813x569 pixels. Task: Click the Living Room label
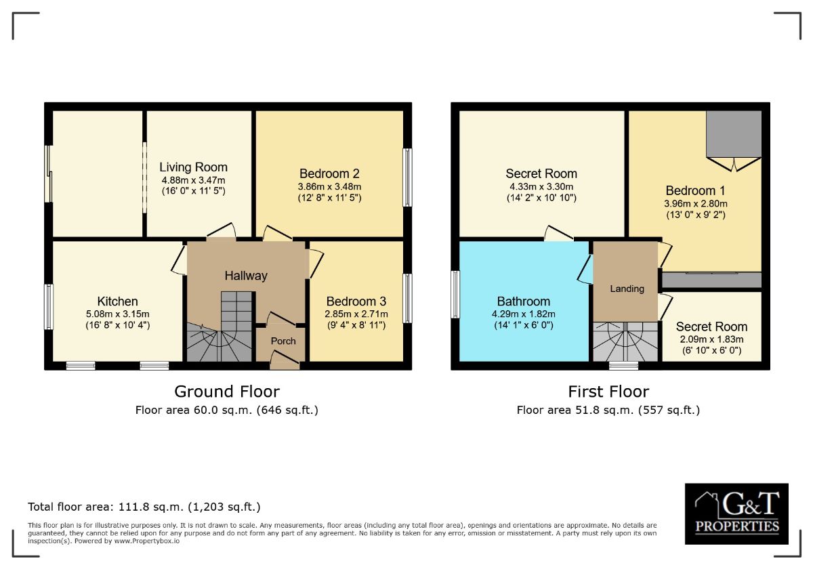pyautogui.click(x=193, y=167)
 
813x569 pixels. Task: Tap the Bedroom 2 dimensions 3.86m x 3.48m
pyautogui.click(x=330, y=186)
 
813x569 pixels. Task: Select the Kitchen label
pyautogui.click(x=117, y=301)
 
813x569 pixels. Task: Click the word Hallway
pyautogui.click(x=246, y=276)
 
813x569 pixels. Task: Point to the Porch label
pyautogui.click(x=283, y=341)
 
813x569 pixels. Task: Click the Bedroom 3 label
pyautogui.click(x=356, y=301)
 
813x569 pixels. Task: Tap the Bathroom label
pyautogui.click(x=523, y=301)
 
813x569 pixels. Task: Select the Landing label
pyautogui.click(x=627, y=289)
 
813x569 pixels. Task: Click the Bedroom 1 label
pyautogui.click(x=696, y=191)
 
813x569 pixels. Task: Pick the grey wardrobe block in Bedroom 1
pyautogui.click(x=734, y=133)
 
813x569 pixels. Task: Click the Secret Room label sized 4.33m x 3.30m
pyautogui.click(x=541, y=174)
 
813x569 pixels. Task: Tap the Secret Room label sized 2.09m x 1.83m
pyautogui.click(x=711, y=327)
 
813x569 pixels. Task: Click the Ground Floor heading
pyautogui.click(x=226, y=392)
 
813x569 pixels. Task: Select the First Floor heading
pyautogui.click(x=608, y=392)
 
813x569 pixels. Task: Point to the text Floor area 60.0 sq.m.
pyautogui.click(x=226, y=410)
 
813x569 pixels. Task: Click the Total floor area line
pyautogui.click(x=144, y=507)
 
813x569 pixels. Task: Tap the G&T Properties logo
pyautogui.click(x=736, y=514)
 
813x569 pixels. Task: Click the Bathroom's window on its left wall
pyautogui.click(x=456, y=294)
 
